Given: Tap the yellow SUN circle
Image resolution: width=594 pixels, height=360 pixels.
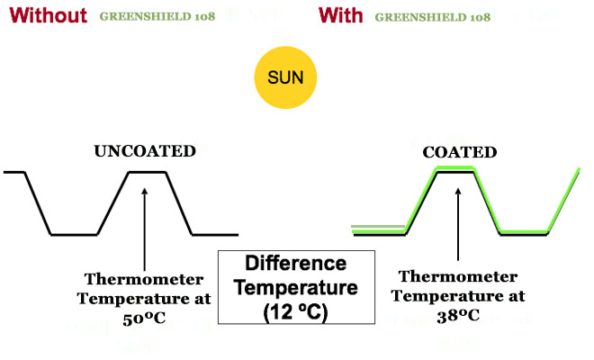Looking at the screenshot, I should tap(283, 78).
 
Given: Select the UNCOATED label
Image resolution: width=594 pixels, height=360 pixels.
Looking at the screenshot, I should tap(145, 151).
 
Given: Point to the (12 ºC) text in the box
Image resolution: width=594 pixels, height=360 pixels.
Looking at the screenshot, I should tap(296, 311).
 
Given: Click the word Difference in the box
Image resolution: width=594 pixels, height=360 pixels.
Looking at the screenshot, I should tap(296, 265).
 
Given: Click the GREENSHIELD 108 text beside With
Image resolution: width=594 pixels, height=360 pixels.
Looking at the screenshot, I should tap(433, 16).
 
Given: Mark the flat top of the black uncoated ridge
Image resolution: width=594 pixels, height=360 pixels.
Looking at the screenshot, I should tap(145, 171).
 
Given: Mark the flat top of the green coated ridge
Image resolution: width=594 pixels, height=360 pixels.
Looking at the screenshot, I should tap(458, 171).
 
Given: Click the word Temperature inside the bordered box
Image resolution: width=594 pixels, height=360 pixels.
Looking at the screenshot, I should tap(296, 288).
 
